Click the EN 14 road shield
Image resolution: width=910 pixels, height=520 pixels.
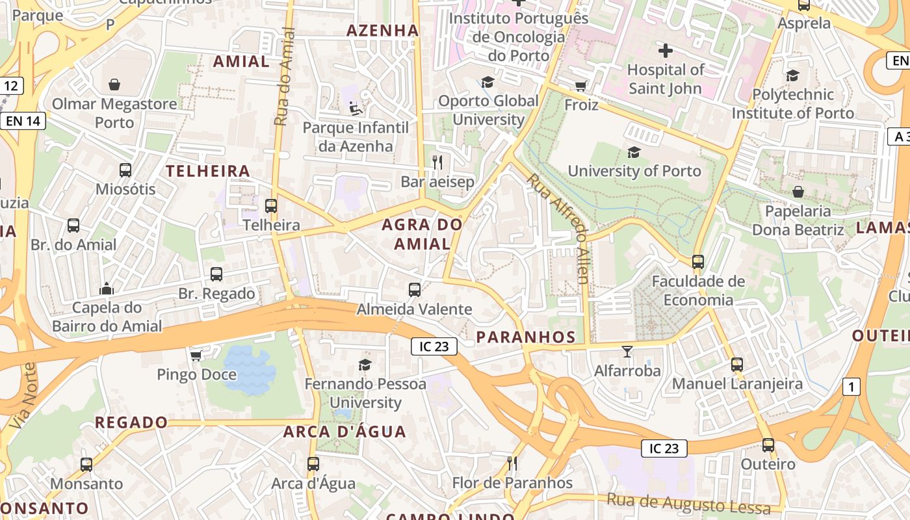click(x=23, y=120)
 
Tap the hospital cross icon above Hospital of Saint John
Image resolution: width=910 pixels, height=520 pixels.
click(x=665, y=51)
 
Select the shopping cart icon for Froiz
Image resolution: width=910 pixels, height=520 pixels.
click(x=580, y=86)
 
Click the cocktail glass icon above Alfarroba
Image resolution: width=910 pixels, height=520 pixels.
click(x=627, y=352)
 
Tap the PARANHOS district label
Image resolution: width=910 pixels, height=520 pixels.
click(x=526, y=337)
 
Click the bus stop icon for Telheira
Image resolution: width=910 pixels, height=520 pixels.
click(x=271, y=206)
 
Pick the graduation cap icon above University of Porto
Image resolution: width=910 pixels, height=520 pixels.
click(x=634, y=152)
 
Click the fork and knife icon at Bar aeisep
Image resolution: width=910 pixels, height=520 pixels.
click(x=437, y=162)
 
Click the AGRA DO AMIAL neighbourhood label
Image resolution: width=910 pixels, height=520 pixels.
click(x=422, y=235)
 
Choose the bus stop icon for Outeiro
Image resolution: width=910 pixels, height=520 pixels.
click(x=768, y=445)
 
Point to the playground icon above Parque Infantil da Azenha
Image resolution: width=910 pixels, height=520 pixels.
click(x=355, y=108)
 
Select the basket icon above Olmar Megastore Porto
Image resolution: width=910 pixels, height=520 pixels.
click(x=114, y=84)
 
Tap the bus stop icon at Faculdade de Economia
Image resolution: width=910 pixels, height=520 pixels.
click(x=698, y=262)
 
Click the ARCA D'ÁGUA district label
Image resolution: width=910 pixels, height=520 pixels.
click(x=344, y=432)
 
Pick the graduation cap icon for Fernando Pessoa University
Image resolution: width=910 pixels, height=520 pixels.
click(x=365, y=365)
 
